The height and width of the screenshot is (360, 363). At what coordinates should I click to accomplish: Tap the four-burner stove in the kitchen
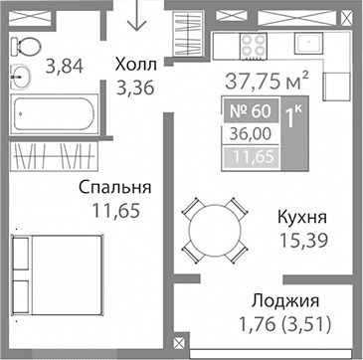pos(251,47)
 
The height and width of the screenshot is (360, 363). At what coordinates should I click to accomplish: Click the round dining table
pos(216,228)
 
